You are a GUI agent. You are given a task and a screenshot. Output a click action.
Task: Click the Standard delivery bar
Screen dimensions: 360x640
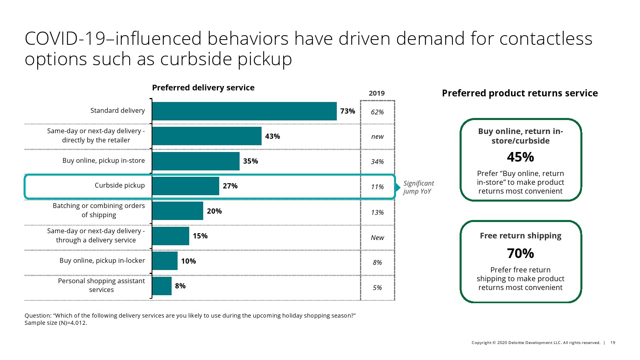pos(244,111)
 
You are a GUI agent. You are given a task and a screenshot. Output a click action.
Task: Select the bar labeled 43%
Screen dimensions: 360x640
pos(207,136)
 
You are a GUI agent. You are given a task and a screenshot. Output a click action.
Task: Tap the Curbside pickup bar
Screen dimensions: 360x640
pos(186,186)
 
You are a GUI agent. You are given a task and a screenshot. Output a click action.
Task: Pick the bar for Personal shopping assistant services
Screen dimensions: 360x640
pos(162,286)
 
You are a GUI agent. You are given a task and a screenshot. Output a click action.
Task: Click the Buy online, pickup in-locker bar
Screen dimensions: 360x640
pos(165,261)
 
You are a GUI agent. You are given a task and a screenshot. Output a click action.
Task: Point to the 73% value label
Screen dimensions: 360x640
pos(347,111)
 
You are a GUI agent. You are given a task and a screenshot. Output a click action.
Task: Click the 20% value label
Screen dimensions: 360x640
pos(214,211)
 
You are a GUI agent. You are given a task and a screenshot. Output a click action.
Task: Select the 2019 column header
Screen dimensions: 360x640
pos(377,93)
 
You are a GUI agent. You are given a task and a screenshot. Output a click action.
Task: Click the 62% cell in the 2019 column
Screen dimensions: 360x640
pos(377,112)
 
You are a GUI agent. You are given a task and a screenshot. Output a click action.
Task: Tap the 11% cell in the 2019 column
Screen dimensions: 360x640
pos(377,187)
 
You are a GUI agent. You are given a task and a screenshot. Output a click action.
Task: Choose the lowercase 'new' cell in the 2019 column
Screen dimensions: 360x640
pos(377,137)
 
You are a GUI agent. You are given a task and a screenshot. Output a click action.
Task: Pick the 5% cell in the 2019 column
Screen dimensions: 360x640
pos(377,288)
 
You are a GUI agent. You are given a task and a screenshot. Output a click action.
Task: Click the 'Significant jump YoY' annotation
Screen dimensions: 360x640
pos(418,187)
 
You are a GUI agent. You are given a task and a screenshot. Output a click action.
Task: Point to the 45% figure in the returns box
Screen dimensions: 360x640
pos(520,157)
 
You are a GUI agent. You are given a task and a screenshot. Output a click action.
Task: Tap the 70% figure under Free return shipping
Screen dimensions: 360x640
pos(520,254)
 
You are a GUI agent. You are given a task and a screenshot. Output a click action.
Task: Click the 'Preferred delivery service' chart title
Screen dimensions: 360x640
pos(203,88)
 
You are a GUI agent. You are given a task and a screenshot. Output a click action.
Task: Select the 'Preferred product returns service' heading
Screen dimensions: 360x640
pos(520,93)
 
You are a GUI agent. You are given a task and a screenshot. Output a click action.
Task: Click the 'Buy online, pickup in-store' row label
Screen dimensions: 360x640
pos(104,161)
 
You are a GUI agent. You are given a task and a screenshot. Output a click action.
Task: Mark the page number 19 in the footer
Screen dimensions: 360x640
pos(612,343)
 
